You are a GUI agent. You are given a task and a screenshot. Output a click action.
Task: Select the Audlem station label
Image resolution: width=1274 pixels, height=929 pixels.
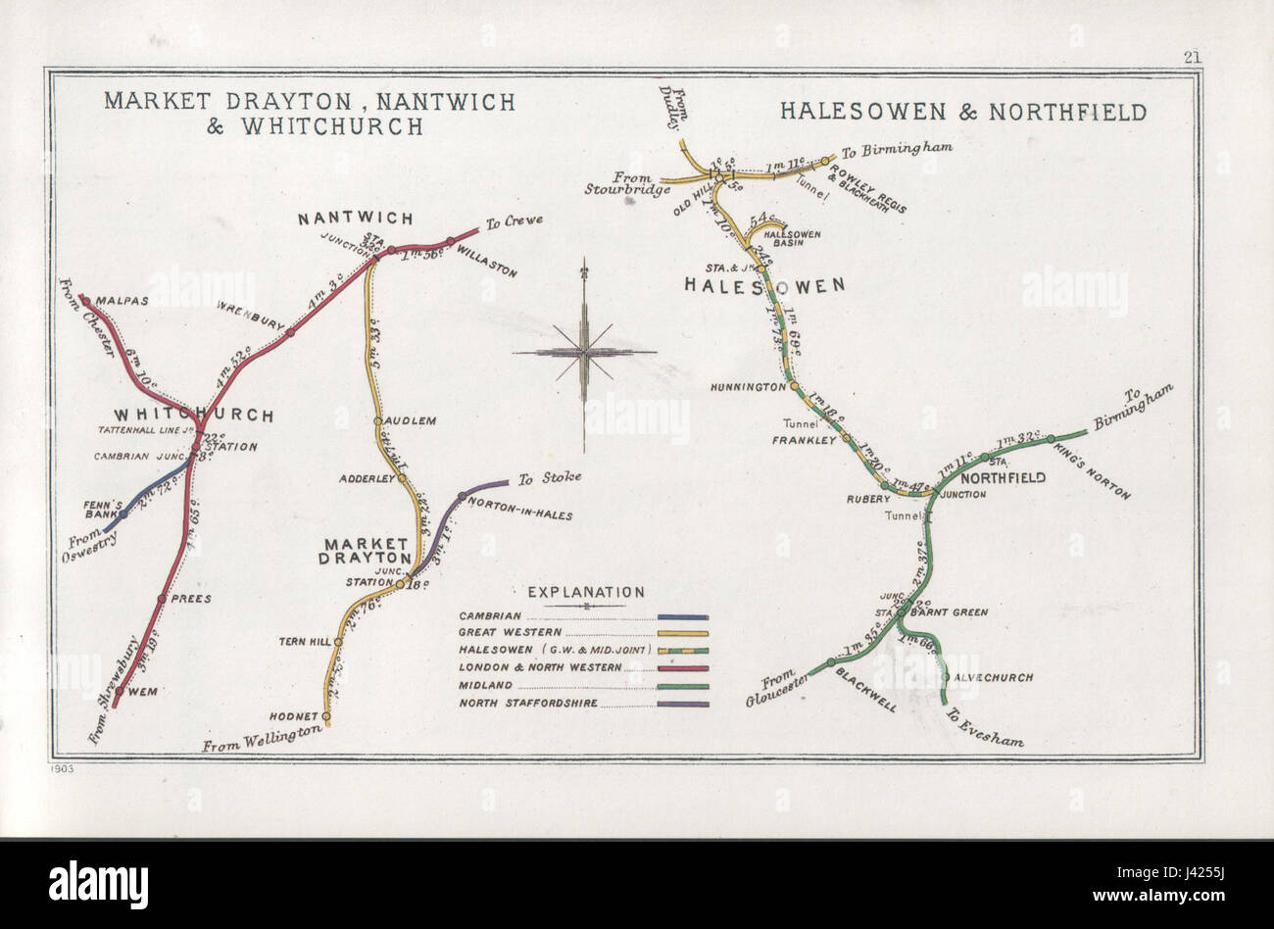click(411, 420)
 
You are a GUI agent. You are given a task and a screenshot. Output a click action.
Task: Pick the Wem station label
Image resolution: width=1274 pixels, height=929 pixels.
click(142, 691)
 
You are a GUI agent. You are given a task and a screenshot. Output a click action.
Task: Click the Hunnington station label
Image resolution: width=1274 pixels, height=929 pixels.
click(750, 387)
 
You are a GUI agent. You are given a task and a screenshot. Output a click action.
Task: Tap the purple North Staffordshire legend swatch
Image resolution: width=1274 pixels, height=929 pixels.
click(683, 703)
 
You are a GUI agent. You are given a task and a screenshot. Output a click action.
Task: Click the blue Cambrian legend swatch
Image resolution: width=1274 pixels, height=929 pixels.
click(683, 616)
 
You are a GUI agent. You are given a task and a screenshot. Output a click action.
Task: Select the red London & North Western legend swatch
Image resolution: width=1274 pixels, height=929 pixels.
click(683, 668)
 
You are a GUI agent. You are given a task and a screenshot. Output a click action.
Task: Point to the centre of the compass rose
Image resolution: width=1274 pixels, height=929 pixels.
click(584, 351)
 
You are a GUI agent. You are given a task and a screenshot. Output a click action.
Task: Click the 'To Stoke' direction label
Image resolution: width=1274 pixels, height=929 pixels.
click(550, 478)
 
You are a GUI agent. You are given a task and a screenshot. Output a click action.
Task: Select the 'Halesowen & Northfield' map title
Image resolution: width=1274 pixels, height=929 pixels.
click(962, 112)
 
